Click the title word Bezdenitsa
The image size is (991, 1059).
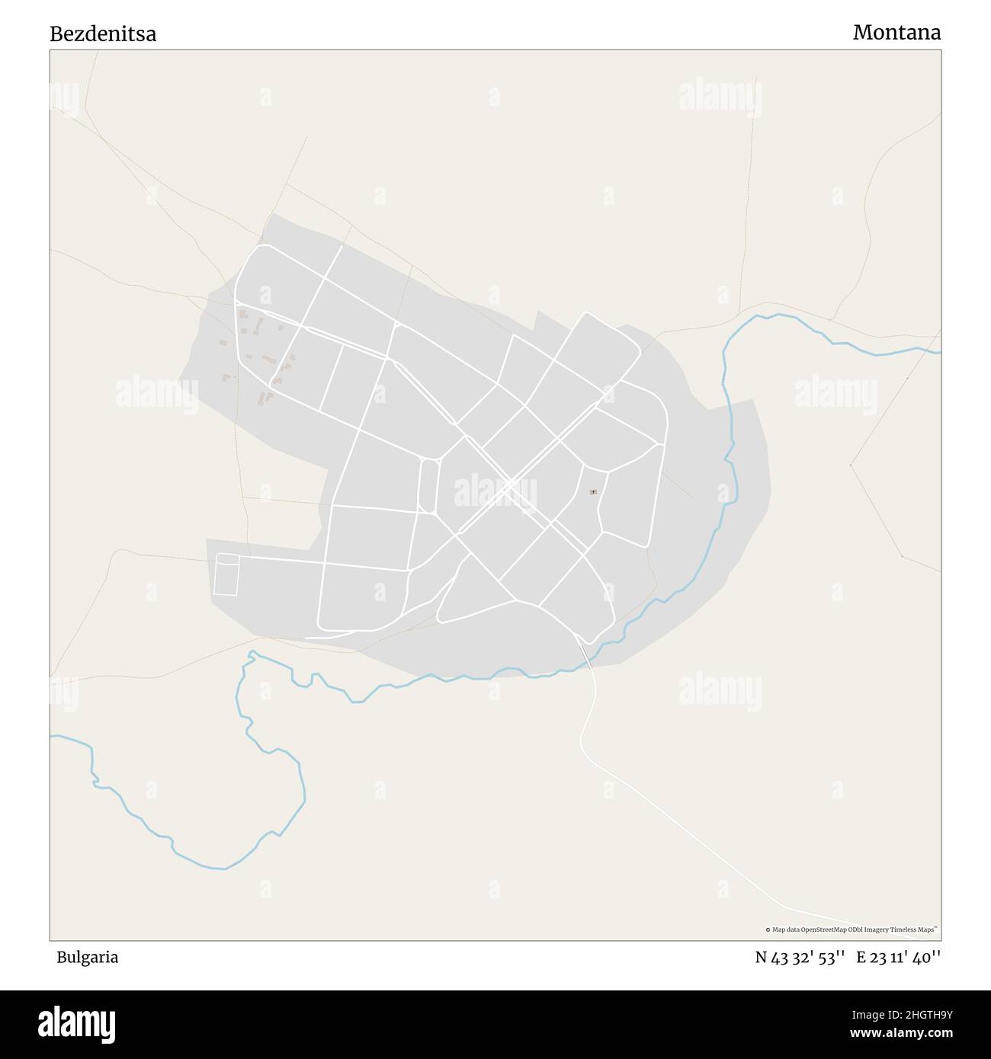tap(103, 34)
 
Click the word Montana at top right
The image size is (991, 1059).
tap(896, 32)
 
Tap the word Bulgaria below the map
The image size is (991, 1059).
tap(87, 958)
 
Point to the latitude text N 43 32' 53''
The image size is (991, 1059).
tap(800, 958)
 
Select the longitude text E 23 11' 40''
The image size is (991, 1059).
tap(899, 958)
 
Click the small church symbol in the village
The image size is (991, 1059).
tap(593, 492)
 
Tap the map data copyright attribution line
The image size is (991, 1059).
tap(851, 929)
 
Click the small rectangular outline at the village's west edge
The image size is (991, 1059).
tap(226, 574)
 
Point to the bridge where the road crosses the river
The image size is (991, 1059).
tap(585, 655)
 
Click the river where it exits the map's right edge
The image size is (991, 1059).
tap(938, 352)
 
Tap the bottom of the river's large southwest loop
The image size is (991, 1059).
tap(225, 868)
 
